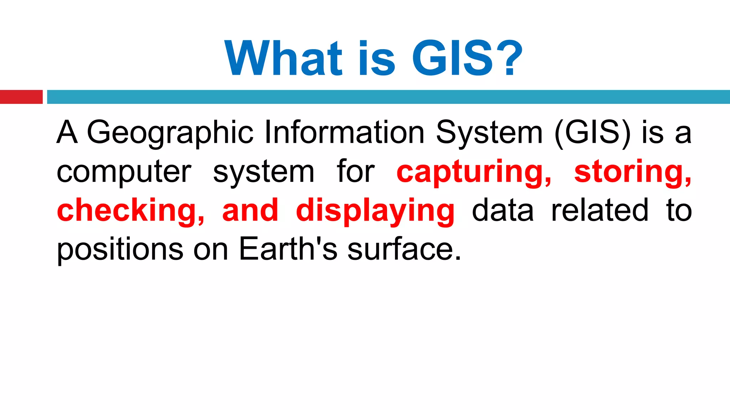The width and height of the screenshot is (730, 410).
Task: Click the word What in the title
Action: (283, 58)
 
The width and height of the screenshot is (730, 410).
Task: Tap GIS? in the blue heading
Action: (467, 58)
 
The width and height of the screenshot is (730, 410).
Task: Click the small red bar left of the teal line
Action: (21, 97)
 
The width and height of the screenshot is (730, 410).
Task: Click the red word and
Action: (250, 211)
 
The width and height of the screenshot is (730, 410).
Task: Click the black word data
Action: (503, 211)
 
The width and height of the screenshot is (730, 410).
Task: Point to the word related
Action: (600, 211)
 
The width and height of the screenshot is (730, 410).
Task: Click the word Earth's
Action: (288, 249)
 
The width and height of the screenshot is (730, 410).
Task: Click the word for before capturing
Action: (355, 172)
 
